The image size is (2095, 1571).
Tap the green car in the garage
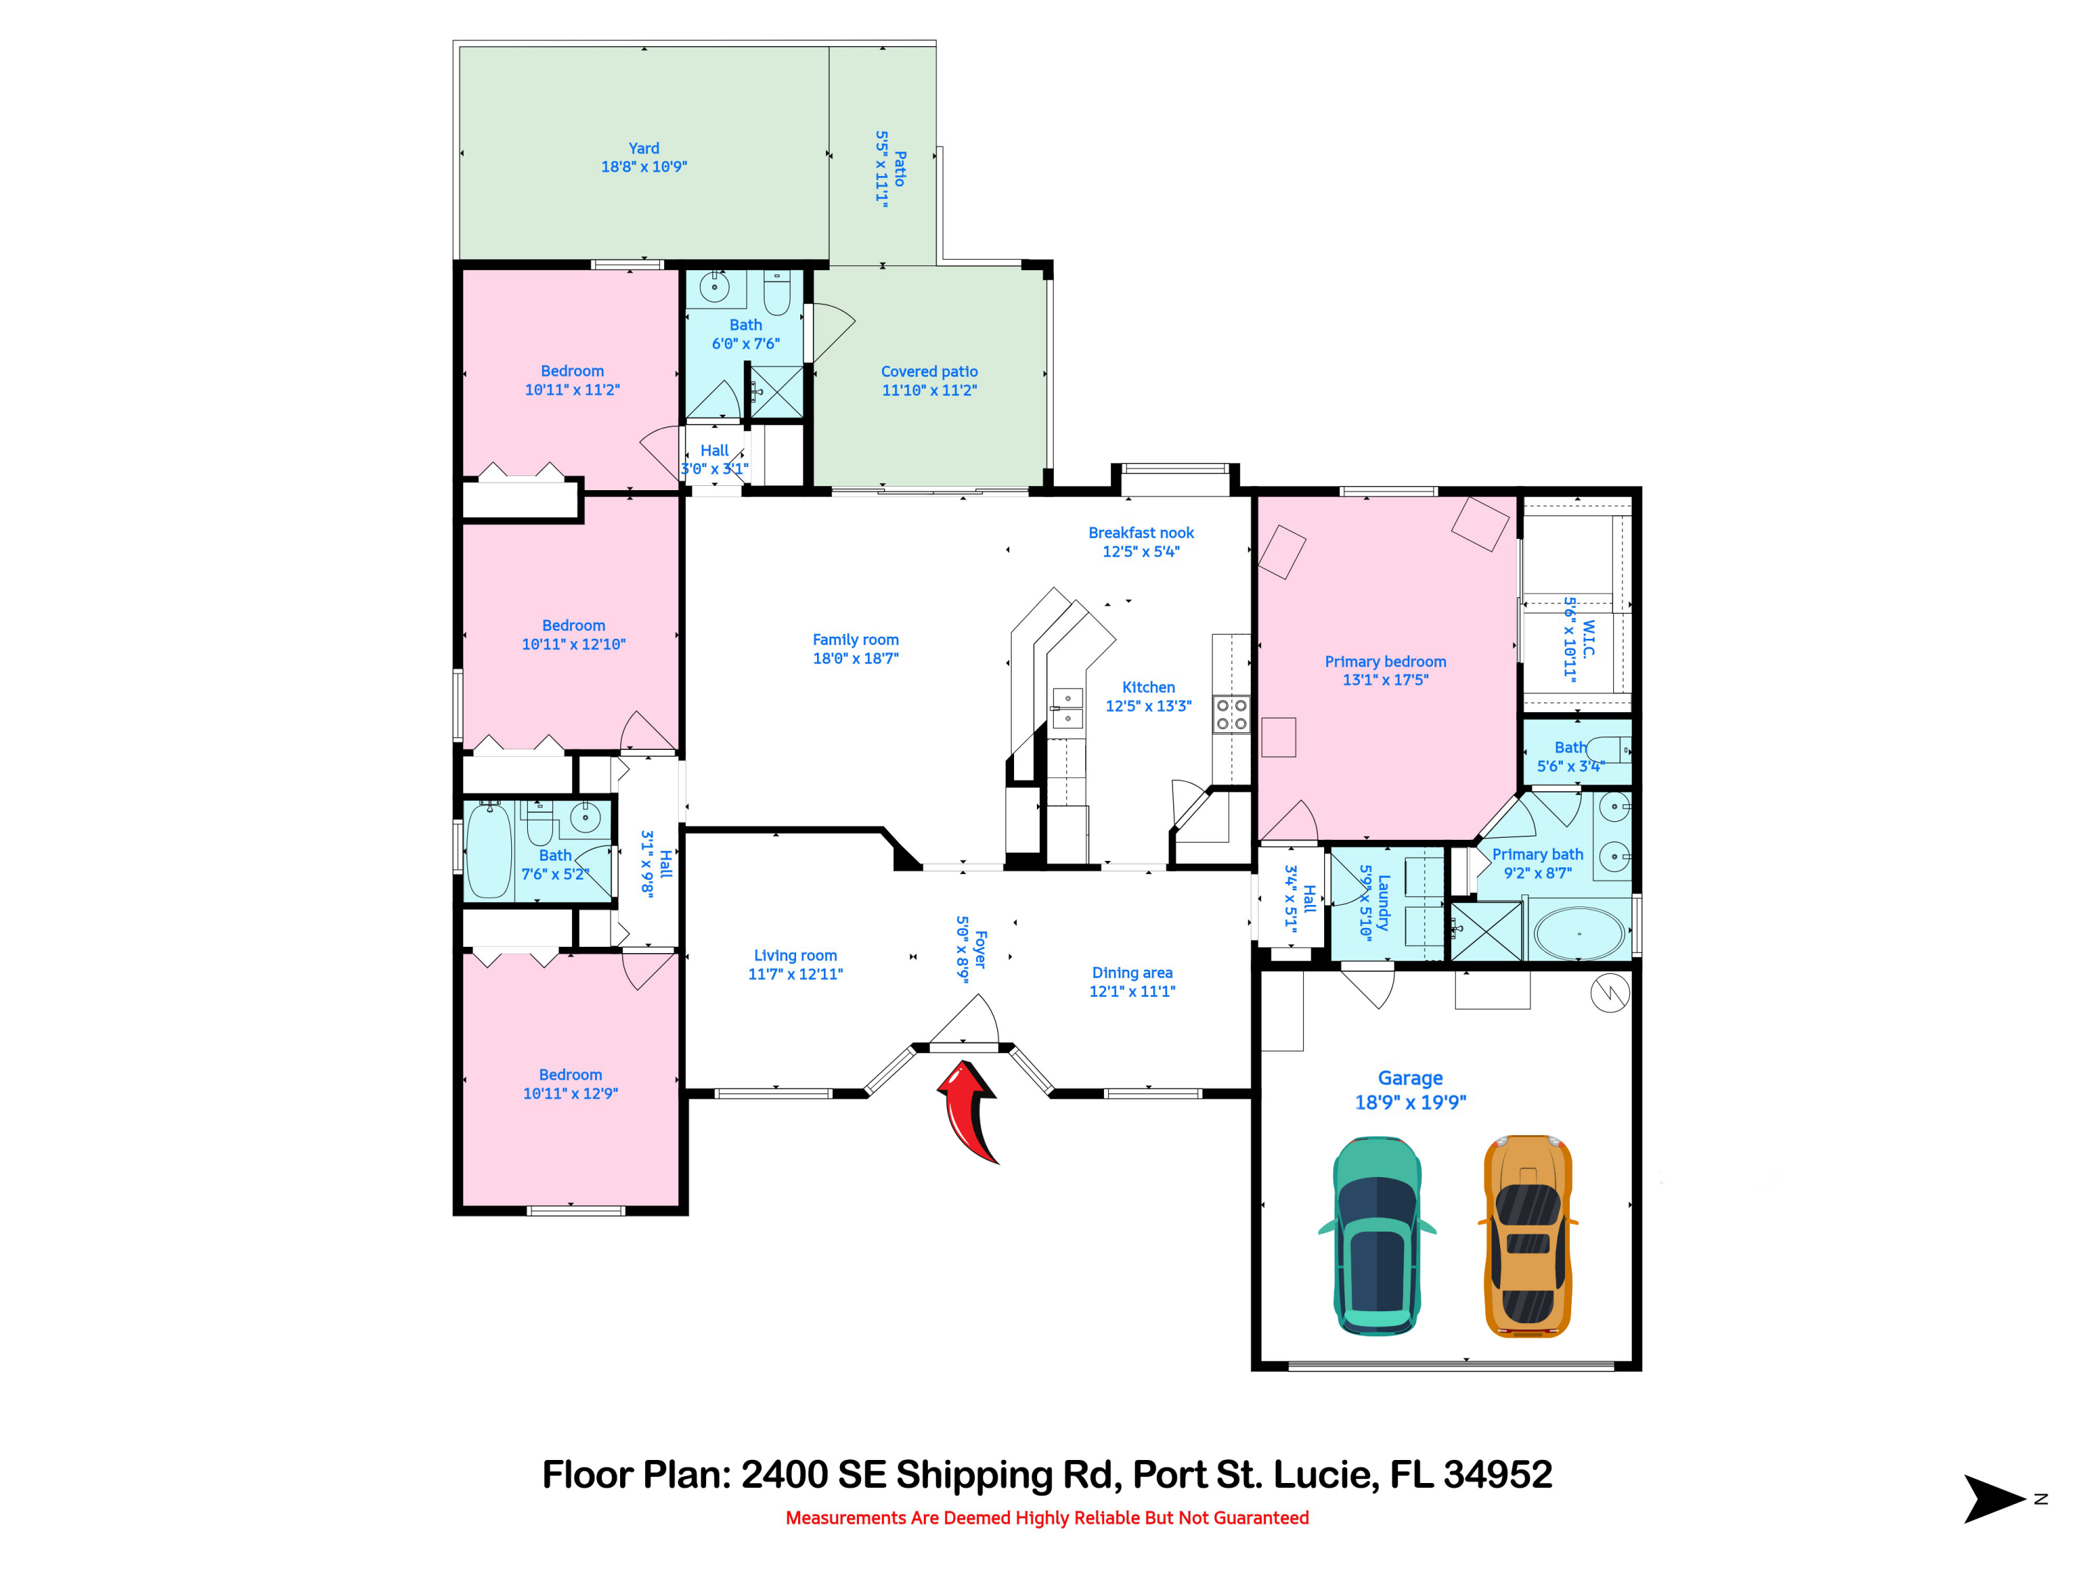tap(1376, 1236)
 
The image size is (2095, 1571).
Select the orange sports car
tap(1527, 1236)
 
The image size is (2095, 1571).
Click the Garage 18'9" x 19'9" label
tap(1409, 1090)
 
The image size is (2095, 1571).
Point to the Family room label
tap(855, 649)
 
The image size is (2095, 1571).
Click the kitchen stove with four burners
tap(1231, 714)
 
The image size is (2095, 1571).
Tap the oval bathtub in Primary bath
tap(1578, 934)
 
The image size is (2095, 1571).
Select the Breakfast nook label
tap(1140, 542)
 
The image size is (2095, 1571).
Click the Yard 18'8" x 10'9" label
tap(643, 157)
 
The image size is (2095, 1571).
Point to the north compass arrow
tap(1994, 1499)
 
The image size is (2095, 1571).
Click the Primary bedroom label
tap(1385, 670)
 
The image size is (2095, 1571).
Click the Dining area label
tap(1132, 981)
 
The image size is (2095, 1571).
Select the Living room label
tap(795, 964)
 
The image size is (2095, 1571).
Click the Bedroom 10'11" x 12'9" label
tap(570, 1084)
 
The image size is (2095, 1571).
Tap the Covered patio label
tap(929, 381)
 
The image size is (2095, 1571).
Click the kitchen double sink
tap(1067, 708)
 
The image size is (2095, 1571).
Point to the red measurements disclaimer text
tap(1047, 1518)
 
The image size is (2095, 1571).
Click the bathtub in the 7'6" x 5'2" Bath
tap(489, 850)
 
